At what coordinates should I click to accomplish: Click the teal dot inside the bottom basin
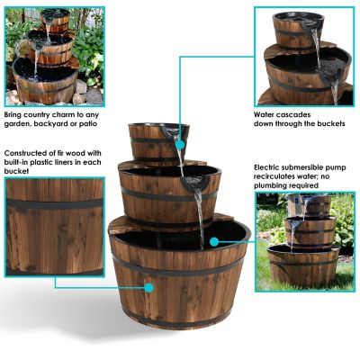(x=213, y=241)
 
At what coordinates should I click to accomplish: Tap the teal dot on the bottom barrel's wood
(x=148, y=288)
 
